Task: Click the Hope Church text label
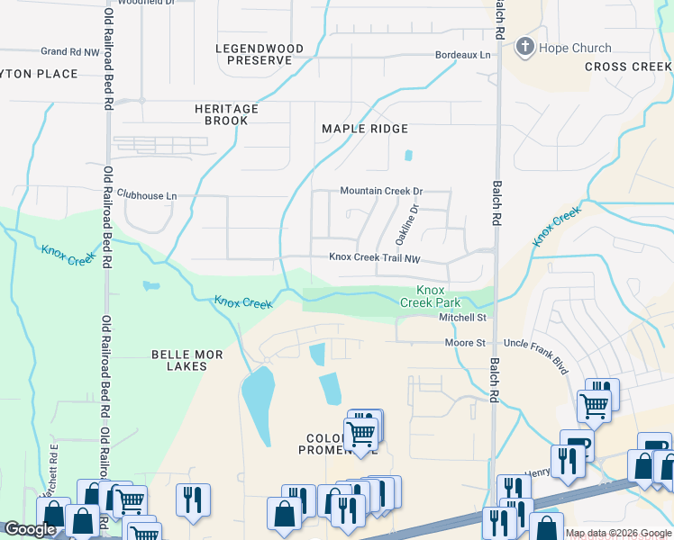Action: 575,48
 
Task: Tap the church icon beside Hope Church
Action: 525,47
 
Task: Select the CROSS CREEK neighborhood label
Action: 628,67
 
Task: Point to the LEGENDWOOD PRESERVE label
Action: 254,54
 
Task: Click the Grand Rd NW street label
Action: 69,52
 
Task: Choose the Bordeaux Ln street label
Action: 462,55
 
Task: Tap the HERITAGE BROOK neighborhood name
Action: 226,114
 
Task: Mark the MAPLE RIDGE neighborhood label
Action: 365,129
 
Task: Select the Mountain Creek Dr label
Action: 381,191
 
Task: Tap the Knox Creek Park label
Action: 430,296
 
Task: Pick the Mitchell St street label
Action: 462,318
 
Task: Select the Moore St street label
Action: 465,343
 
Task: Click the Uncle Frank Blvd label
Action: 538,343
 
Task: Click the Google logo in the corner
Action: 30,529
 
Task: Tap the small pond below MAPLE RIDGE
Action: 408,155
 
